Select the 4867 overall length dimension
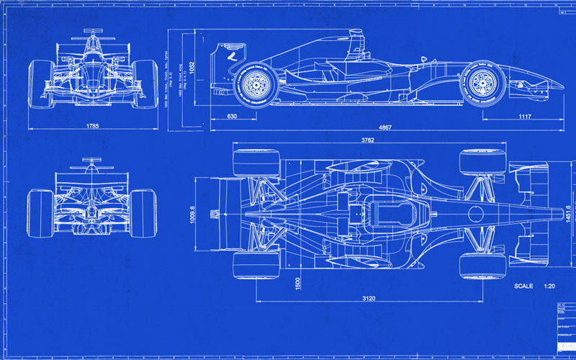tap(385, 127)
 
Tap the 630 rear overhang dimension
tap(232, 116)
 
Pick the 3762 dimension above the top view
tap(369, 140)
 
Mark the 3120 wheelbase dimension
tap(368, 297)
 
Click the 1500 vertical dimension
tap(295, 284)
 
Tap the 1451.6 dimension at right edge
tap(567, 214)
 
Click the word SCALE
tap(523, 287)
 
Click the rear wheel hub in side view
tap(253, 84)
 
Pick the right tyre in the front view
tap(145, 83)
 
